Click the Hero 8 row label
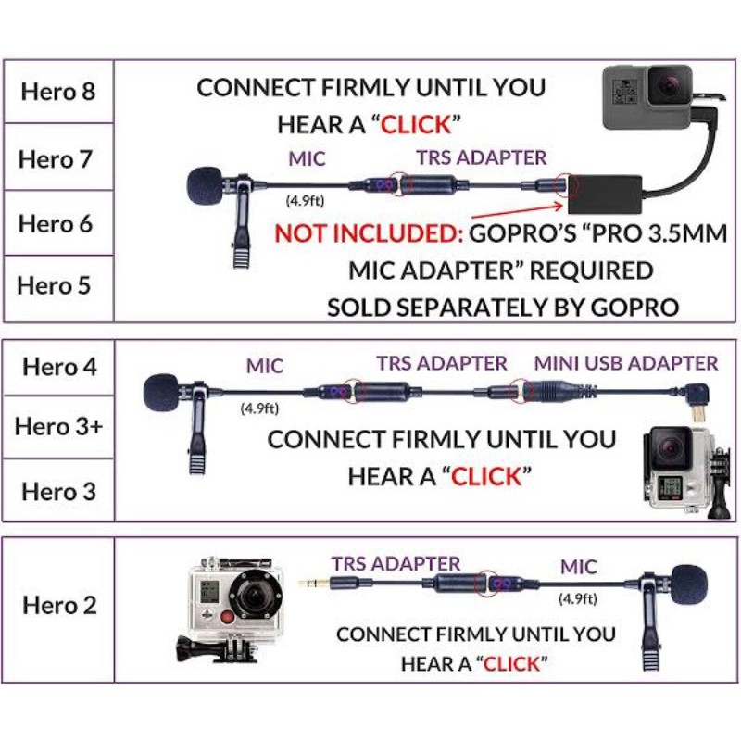click(x=57, y=92)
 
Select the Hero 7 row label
click(x=57, y=158)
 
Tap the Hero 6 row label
click(x=57, y=223)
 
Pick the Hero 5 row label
click(x=57, y=285)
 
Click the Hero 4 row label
click(x=59, y=366)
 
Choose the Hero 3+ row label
click(x=59, y=428)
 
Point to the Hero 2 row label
click(x=59, y=606)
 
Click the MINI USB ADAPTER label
click(x=625, y=363)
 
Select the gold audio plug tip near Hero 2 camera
click(x=308, y=583)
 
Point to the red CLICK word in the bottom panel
click(x=510, y=663)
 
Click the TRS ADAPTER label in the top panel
click(x=481, y=157)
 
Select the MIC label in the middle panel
click(x=264, y=367)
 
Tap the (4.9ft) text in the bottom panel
click(x=577, y=598)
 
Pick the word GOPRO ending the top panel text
click(x=638, y=308)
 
